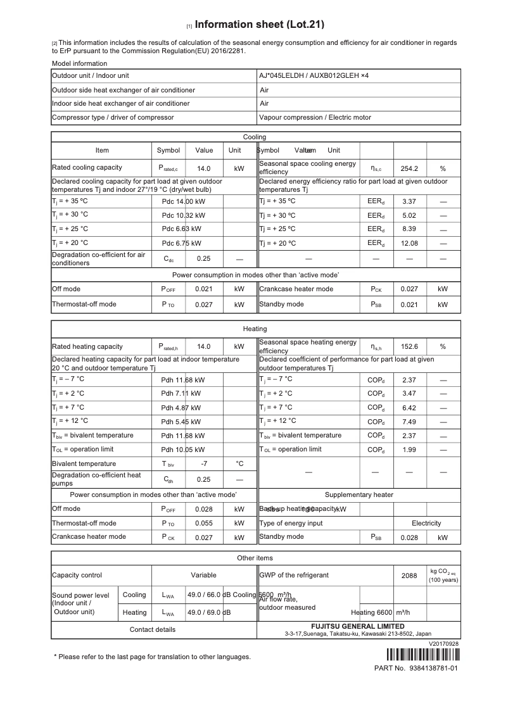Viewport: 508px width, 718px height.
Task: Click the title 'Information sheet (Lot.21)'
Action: (260, 25)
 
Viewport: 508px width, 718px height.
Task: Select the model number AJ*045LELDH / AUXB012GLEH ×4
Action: (314, 75)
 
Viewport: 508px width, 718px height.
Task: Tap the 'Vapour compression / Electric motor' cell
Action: (315, 117)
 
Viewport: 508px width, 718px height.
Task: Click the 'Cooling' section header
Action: (255, 137)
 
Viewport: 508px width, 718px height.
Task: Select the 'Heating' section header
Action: (255, 329)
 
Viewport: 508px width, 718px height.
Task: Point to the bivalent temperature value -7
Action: (204, 463)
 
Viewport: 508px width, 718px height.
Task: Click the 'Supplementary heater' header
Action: (359, 494)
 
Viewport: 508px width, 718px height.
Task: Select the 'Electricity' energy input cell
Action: (426, 523)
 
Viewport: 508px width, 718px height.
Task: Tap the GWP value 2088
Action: (410, 576)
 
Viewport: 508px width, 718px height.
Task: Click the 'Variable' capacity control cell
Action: (204, 575)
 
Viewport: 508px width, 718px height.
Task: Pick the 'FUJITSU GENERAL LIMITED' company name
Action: (358, 626)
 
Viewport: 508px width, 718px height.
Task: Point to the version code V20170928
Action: (443, 643)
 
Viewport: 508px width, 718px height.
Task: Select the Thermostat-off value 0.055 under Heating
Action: (204, 523)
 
